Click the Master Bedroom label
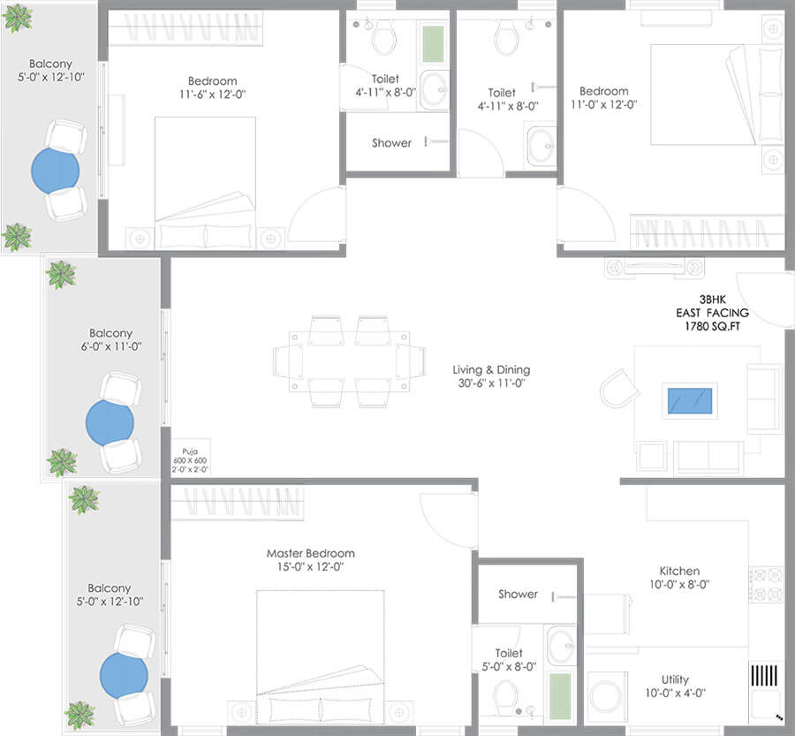(x=310, y=553)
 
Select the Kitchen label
(x=679, y=571)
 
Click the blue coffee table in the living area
(x=692, y=401)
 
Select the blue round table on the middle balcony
(x=110, y=422)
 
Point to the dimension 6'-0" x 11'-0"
(x=110, y=348)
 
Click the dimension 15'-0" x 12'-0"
(x=310, y=567)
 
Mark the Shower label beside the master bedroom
(x=518, y=594)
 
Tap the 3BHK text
(x=711, y=300)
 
